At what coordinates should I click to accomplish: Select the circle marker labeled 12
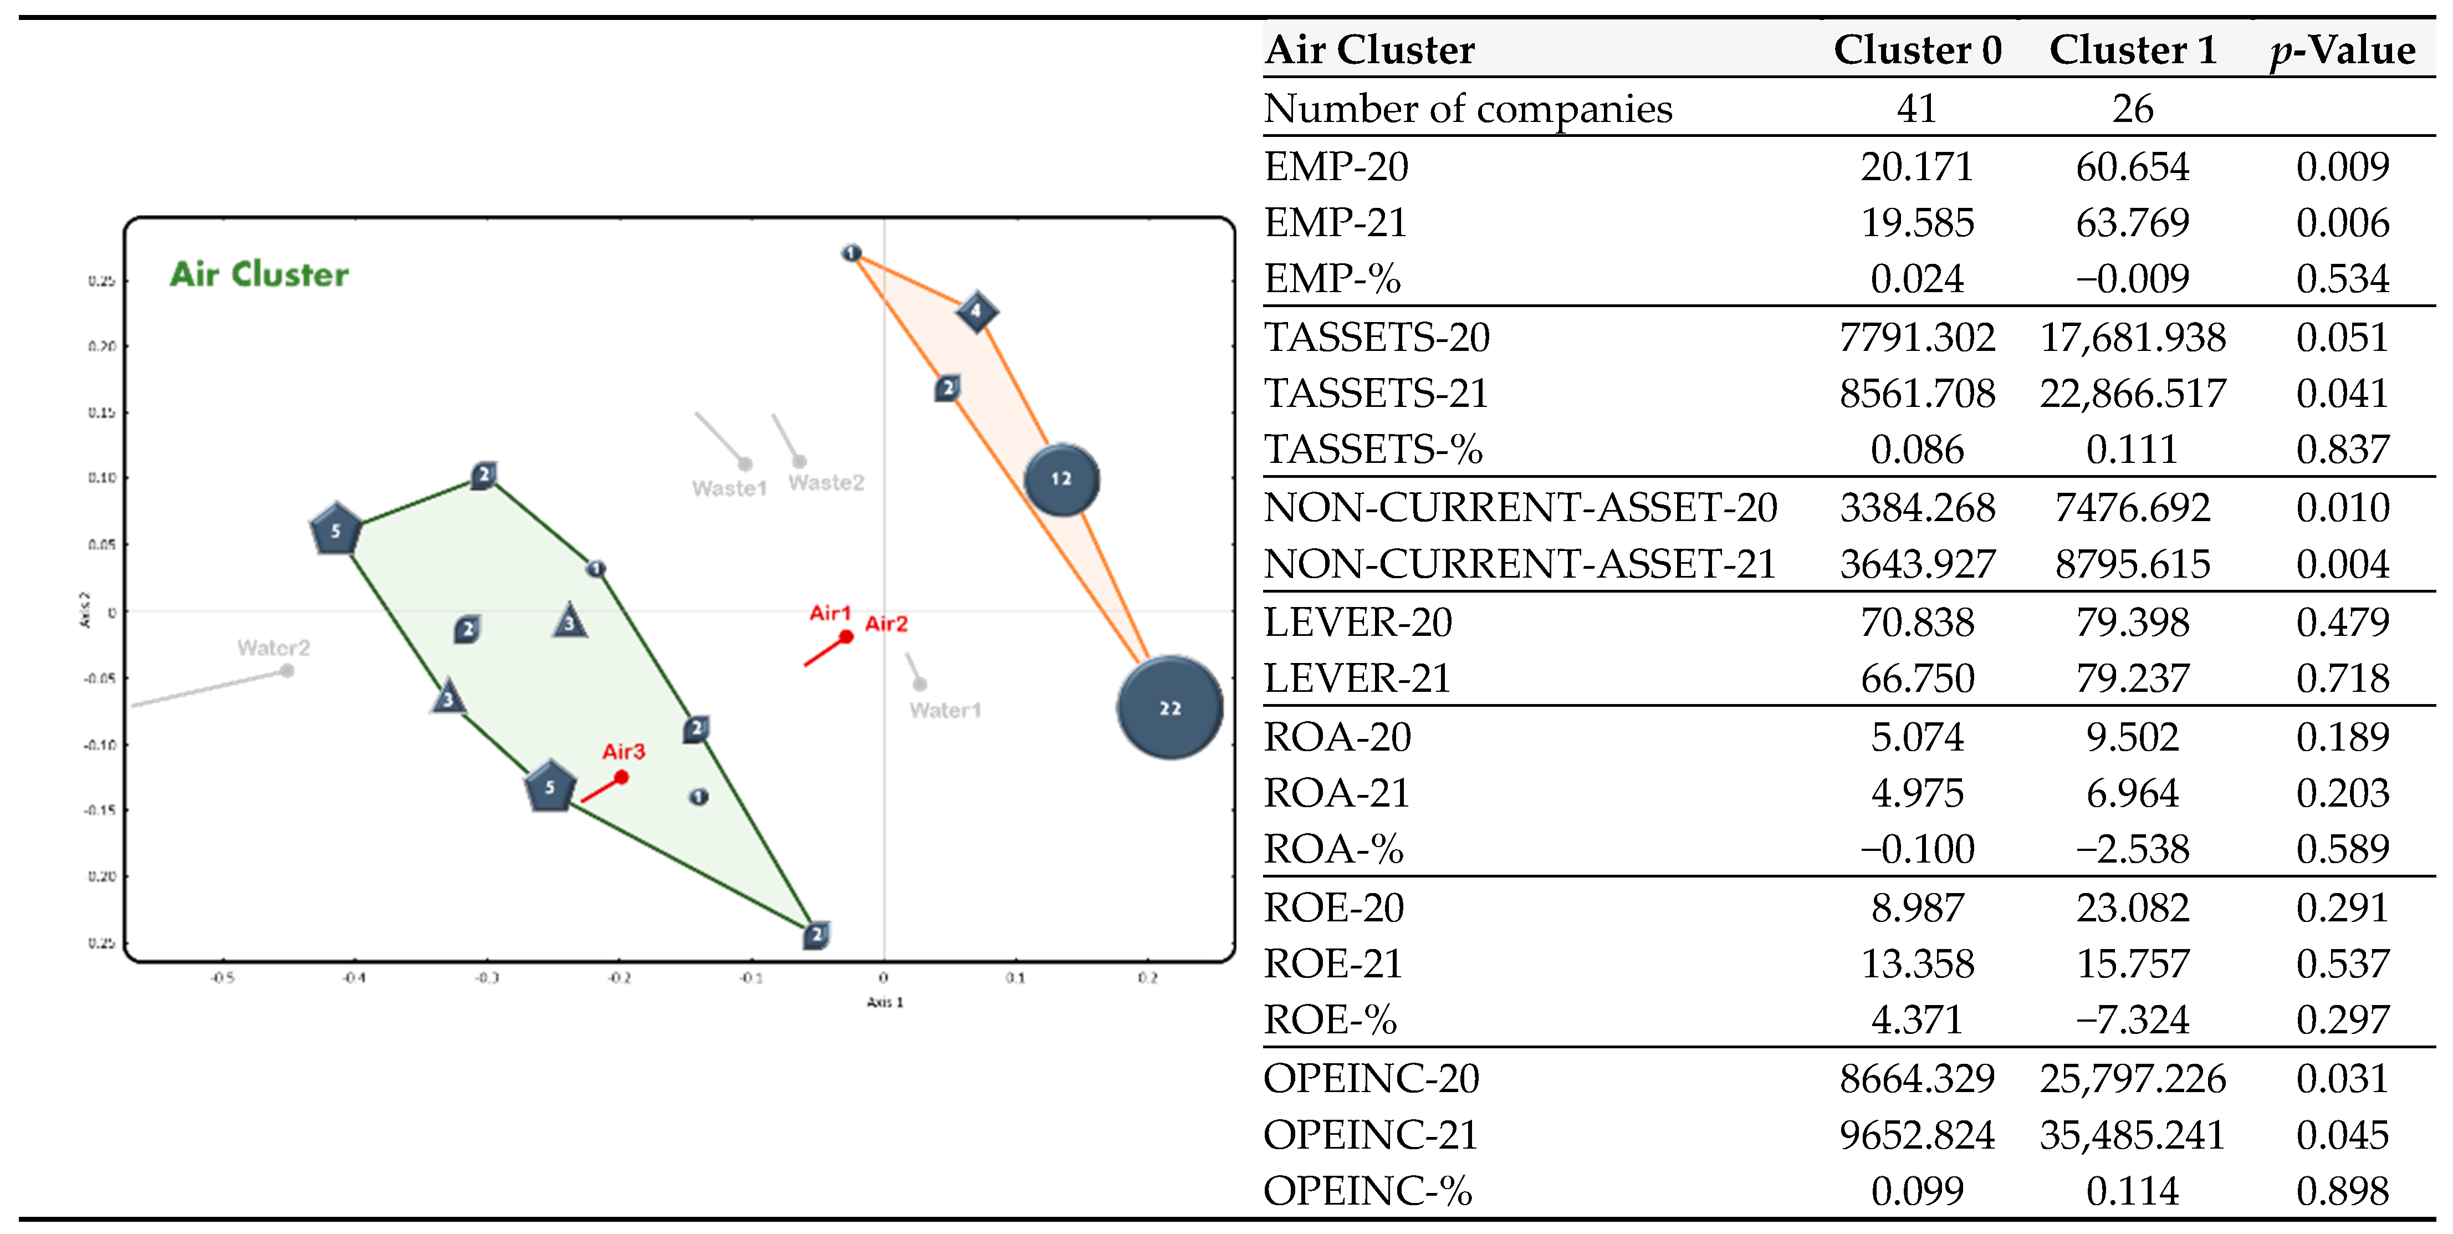click(x=1061, y=479)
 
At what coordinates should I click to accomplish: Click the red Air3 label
click(x=624, y=752)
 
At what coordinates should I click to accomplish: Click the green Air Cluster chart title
click(x=259, y=274)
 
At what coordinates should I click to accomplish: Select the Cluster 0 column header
click(x=1917, y=49)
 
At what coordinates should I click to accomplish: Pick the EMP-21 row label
click(x=1335, y=223)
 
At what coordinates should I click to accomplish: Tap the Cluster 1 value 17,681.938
click(x=2132, y=337)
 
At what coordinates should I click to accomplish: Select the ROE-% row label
click(x=1330, y=1020)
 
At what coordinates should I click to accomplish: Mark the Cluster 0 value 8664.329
click(x=1917, y=1078)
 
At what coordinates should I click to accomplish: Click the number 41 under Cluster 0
click(x=1917, y=109)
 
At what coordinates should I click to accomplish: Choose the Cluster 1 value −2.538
click(x=2132, y=848)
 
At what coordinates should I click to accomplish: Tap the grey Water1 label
click(x=944, y=710)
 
